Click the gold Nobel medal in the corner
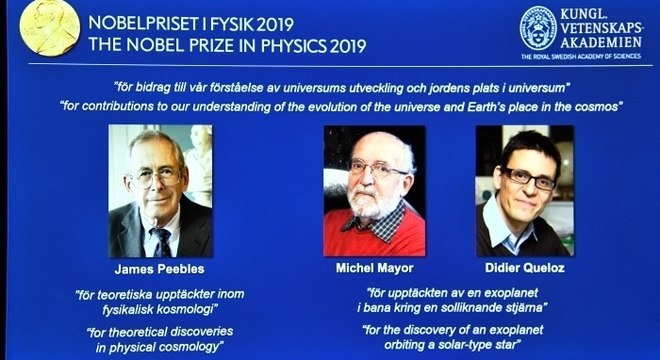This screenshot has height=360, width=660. pyautogui.click(x=48, y=27)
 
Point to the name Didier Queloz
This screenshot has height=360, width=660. pyautogui.click(x=525, y=270)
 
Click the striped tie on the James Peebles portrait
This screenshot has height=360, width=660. pyautogui.click(x=160, y=241)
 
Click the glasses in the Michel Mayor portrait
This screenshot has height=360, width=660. pyautogui.click(x=378, y=170)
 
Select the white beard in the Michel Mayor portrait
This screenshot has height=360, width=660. pyautogui.click(x=376, y=204)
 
